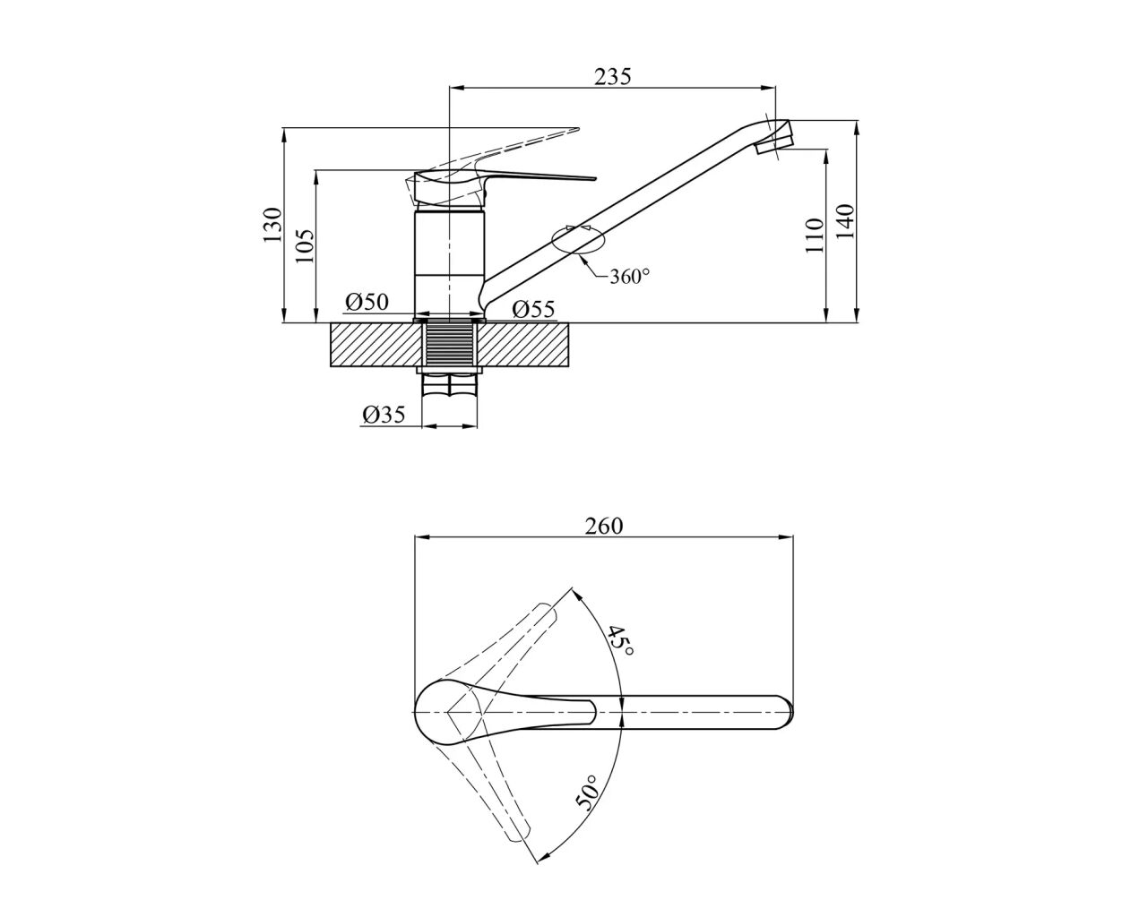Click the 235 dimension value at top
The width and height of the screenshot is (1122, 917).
[x=613, y=76]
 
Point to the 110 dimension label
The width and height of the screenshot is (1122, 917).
[x=814, y=236]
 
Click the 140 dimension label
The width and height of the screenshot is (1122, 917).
[x=844, y=221]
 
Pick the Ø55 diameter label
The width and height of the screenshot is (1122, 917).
[x=534, y=310]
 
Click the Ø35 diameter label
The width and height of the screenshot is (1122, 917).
[x=384, y=414]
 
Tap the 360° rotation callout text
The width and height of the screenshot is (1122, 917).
[x=629, y=277]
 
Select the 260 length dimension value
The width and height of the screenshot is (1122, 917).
[x=604, y=526]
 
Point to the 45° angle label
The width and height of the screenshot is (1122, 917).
[x=620, y=640]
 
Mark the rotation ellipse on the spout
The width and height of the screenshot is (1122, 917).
[x=579, y=240]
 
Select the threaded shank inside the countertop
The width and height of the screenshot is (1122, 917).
[x=450, y=345]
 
